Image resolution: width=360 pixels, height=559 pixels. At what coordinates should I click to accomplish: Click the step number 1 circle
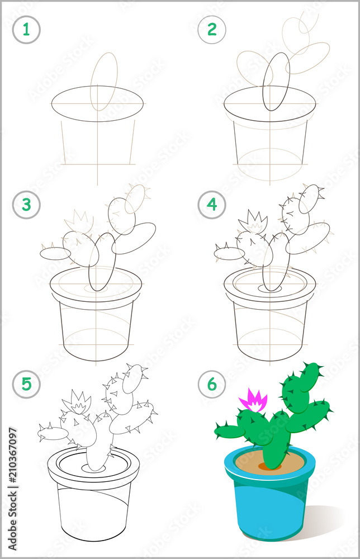[x=26, y=30]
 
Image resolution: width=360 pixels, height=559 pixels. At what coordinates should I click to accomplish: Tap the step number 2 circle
[x=212, y=30]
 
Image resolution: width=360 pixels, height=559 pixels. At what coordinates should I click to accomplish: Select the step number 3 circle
[x=26, y=205]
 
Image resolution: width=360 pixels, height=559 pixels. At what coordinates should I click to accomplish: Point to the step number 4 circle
[x=212, y=205]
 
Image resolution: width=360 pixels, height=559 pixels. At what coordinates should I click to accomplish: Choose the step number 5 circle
[x=26, y=384]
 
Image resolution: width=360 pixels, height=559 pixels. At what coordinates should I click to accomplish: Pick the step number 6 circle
[x=212, y=384]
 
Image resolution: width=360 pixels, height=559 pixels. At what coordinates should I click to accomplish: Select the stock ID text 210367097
[x=12, y=466]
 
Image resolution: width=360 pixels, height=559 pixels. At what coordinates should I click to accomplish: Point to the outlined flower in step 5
[x=77, y=402]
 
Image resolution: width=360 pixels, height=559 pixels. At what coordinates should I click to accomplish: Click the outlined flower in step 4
[x=253, y=222]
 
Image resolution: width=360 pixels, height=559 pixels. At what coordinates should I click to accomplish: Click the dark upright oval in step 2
[x=276, y=82]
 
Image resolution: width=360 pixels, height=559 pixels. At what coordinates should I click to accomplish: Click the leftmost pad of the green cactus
[x=229, y=431]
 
